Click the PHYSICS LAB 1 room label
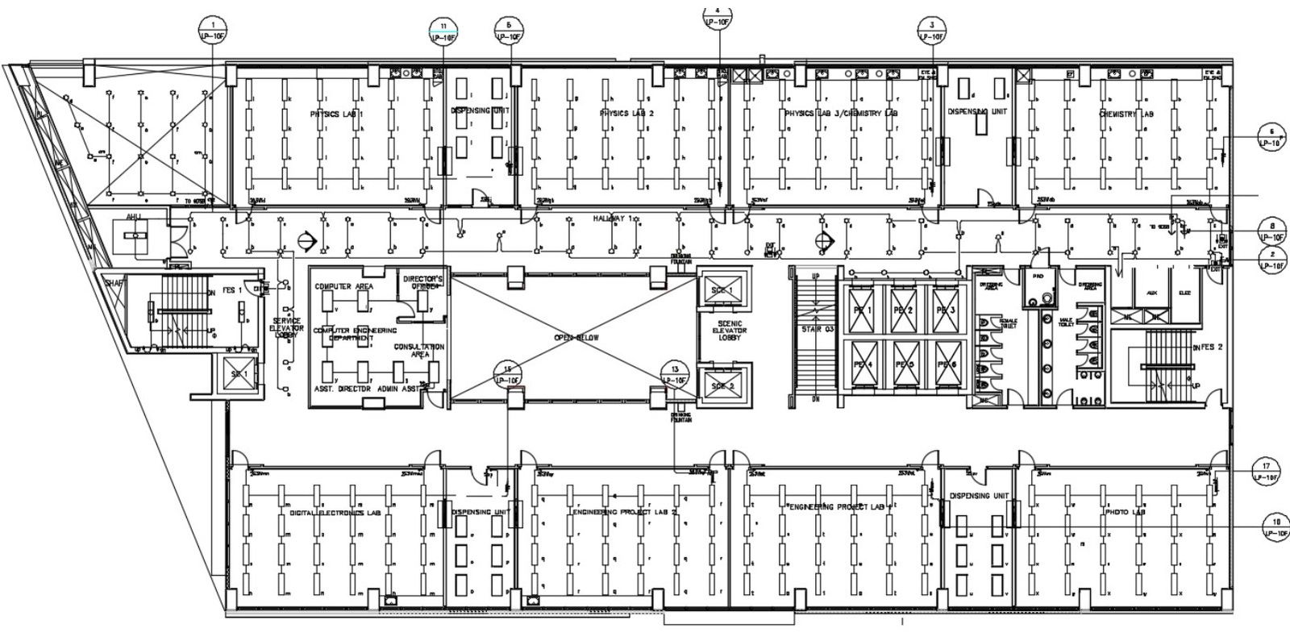337,114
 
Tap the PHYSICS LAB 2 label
626,114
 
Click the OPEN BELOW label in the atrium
576,338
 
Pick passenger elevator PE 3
945,310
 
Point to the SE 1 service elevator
238,376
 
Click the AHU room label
133,217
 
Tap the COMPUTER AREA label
343,286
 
